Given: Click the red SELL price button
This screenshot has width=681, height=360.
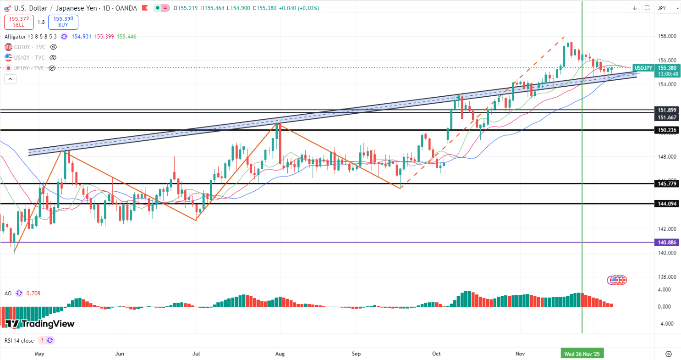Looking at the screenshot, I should pos(19,22).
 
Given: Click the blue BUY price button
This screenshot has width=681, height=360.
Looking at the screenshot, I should pos(63,22).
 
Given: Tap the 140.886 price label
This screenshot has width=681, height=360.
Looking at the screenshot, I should pos(667,242).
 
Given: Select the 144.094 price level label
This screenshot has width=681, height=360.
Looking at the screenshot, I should pos(667,204).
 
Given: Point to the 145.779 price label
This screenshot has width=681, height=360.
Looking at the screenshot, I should pos(667,184).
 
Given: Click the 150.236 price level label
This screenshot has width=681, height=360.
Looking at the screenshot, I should pos(667,130).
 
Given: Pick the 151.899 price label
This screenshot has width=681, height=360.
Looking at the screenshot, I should pos(667,110).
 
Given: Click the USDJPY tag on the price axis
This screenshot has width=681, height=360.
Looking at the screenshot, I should pos(643,68).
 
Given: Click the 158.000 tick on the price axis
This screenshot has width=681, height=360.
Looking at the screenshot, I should pos(667,36).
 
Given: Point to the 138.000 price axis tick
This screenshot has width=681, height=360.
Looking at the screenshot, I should pos(667,277).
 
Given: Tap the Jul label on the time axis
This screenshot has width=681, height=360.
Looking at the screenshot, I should pos(196,354).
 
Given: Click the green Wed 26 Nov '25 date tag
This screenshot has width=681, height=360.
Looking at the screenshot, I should pos(582,354).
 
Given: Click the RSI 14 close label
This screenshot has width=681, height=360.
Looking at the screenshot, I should pos(19,340).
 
